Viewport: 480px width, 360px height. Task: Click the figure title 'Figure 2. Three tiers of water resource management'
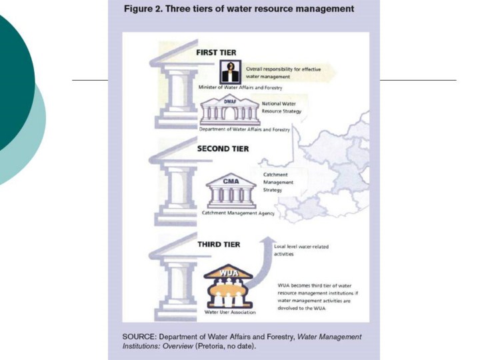(x=239, y=9)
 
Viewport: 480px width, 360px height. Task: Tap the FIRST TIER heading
(x=216, y=51)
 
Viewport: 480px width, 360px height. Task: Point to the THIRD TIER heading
(x=219, y=245)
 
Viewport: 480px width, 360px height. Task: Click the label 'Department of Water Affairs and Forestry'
(x=244, y=129)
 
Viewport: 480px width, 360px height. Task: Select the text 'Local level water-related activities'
(x=301, y=250)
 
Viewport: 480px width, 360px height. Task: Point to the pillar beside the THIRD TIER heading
(x=175, y=283)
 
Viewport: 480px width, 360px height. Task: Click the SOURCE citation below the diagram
(x=242, y=341)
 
